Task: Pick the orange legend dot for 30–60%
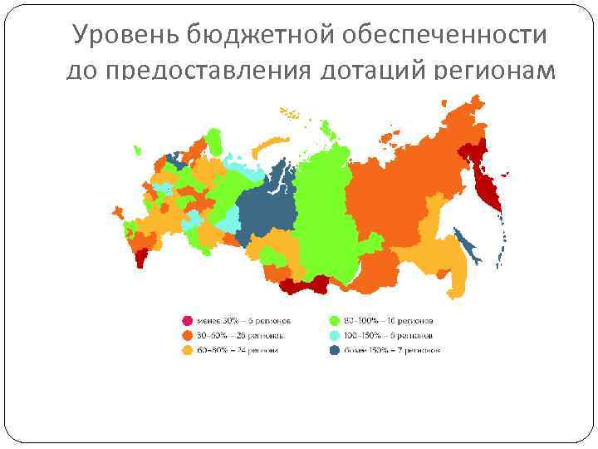click(x=188, y=335)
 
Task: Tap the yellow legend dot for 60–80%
click(x=188, y=350)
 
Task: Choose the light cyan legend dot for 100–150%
click(x=334, y=335)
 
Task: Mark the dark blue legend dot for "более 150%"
click(x=334, y=350)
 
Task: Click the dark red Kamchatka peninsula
click(x=483, y=185)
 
